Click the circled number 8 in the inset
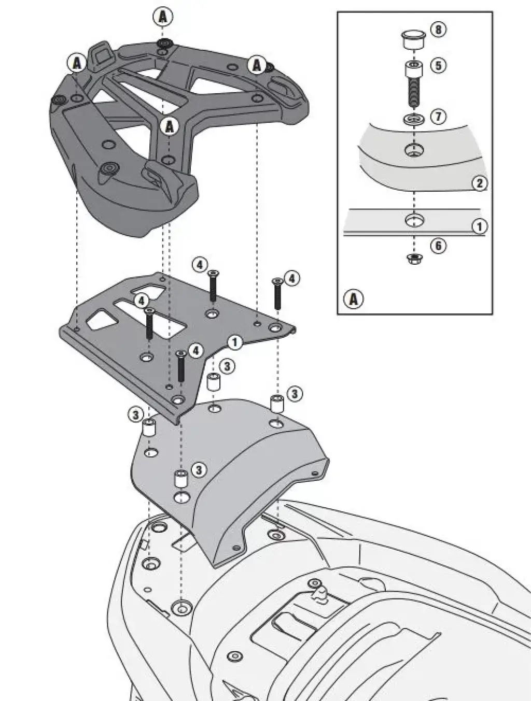(438, 30)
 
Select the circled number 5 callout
(438, 66)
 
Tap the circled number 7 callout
(438, 116)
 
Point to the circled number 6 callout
(438, 245)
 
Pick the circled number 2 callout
(480, 183)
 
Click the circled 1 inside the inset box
(480, 226)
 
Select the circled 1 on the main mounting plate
(235, 342)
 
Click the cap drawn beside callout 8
(413, 39)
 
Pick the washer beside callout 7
(413, 120)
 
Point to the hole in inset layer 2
(413, 150)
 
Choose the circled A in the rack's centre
(170, 125)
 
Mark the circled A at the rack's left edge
(77, 63)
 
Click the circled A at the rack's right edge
(257, 65)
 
